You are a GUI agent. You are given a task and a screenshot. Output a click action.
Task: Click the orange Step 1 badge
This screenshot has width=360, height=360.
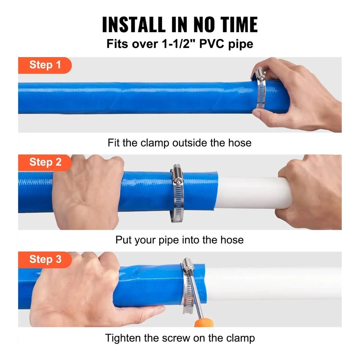pos(45,65)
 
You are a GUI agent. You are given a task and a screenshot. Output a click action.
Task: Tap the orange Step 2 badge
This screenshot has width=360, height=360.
pos(45,162)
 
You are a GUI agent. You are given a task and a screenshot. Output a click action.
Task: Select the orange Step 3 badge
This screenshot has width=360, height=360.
pos(45,259)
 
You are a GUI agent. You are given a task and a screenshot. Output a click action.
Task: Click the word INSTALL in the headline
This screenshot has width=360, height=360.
pos(134,25)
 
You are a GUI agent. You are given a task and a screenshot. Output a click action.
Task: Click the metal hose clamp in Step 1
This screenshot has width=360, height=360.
pos(261,88)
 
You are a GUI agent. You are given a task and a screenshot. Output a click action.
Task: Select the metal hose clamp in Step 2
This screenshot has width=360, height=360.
pos(177,194)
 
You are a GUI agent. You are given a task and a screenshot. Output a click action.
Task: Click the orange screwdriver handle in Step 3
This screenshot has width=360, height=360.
pos(204,322)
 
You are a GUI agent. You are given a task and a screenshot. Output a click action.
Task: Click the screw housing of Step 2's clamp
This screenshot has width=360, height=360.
pos(177,173)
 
